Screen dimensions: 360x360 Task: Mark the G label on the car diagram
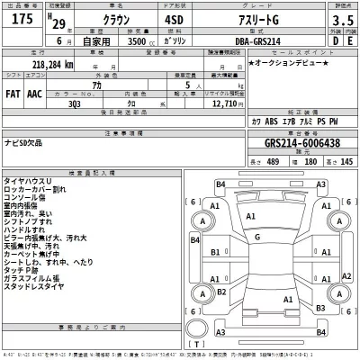[257, 236]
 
